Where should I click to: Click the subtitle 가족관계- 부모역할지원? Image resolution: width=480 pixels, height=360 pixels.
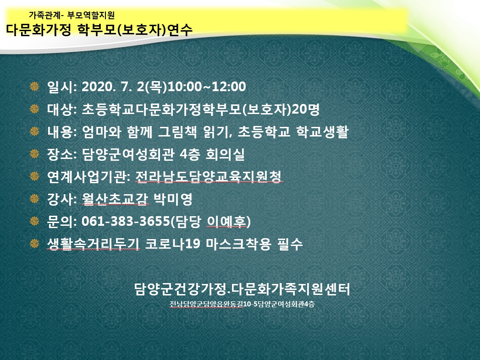point(72,15)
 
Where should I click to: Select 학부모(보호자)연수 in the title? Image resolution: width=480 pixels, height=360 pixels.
point(135,30)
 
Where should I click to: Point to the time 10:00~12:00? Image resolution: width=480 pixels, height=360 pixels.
point(207,87)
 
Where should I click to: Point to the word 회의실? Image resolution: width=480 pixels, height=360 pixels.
point(225,154)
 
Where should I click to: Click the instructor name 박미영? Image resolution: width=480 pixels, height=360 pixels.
point(173,199)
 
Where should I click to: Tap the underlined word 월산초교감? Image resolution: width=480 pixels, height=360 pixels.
point(115,199)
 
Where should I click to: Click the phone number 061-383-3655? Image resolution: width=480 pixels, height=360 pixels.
point(126,221)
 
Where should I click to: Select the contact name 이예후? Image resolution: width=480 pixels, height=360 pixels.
point(226,221)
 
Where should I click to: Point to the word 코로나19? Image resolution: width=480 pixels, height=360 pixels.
point(172,244)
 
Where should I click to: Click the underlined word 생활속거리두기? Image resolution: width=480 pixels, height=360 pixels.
point(94,244)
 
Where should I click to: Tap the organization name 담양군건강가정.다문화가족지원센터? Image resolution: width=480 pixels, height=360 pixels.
point(242,289)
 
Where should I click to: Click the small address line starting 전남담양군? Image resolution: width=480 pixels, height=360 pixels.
point(242,304)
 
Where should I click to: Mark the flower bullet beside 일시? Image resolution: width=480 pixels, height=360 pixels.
point(34,87)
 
